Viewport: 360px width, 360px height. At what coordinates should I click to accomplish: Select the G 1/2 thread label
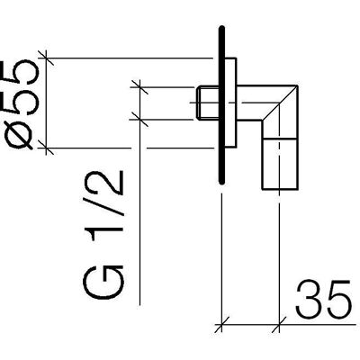click(103, 235)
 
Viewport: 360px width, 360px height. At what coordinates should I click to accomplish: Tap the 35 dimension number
click(323, 300)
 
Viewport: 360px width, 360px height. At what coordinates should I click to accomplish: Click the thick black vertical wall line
click(221, 105)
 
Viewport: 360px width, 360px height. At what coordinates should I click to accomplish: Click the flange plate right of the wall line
click(230, 103)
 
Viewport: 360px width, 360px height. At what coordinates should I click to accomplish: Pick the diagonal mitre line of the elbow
click(280, 103)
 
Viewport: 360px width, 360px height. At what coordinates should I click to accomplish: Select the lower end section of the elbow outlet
click(280, 165)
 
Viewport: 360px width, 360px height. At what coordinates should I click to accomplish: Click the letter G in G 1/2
click(103, 282)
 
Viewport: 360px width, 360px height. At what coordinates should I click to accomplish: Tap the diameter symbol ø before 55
click(21, 137)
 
